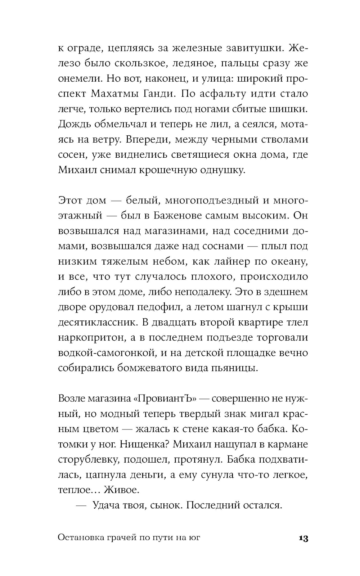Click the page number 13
(303, 539)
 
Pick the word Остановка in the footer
(80, 538)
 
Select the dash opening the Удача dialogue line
(81, 505)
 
